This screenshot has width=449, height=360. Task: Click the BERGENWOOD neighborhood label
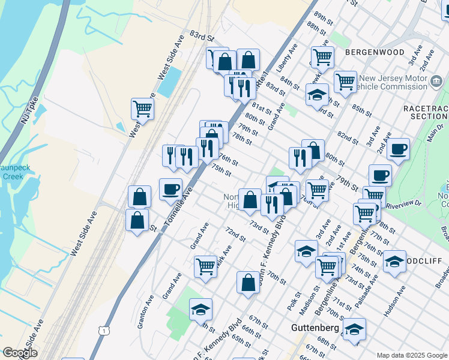[x=375, y=52]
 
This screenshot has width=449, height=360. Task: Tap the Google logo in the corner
[x=20, y=353]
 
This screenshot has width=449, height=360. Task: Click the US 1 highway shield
[x=105, y=331]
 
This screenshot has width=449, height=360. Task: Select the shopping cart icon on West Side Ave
[x=142, y=109]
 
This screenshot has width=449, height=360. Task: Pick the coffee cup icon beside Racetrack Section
[x=397, y=149]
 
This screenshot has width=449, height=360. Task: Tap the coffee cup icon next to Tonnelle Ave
[x=170, y=190]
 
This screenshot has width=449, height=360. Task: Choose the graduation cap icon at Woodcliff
[x=394, y=262]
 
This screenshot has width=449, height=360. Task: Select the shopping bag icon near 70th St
[x=248, y=283]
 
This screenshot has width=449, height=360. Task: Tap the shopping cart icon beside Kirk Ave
[x=205, y=266]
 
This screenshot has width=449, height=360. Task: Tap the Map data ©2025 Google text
[x=411, y=355]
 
